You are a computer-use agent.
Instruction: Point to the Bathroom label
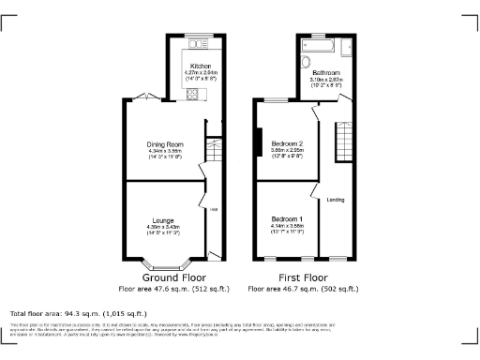click(325, 72)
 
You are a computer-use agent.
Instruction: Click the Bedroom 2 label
click(287, 142)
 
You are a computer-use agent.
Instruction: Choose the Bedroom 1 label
click(287, 217)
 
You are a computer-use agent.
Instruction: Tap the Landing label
click(335, 200)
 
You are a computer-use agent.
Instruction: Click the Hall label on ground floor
click(213, 209)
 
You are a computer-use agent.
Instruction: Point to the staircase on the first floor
click(345, 145)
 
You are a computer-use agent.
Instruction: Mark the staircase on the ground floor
click(213, 152)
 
